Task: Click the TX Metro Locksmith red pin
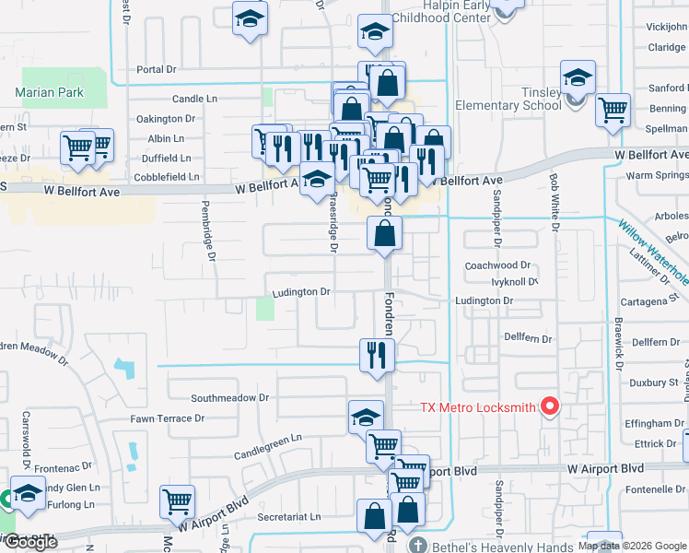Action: (x=551, y=406)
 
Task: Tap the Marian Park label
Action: (x=50, y=92)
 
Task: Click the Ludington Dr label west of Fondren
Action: (x=300, y=292)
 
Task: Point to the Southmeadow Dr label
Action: (x=229, y=398)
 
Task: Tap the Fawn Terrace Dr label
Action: (x=167, y=418)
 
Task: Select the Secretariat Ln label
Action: (x=289, y=518)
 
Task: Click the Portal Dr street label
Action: (x=156, y=69)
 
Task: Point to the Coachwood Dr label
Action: (x=498, y=265)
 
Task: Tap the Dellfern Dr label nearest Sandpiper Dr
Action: (x=528, y=338)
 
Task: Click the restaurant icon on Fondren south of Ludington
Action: (x=376, y=355)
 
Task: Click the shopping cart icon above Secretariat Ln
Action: (x=176, y=501)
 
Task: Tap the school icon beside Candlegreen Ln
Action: (x=366, y=417)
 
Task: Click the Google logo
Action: (x=30, y=542)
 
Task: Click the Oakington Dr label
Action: (x=166, y=118)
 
